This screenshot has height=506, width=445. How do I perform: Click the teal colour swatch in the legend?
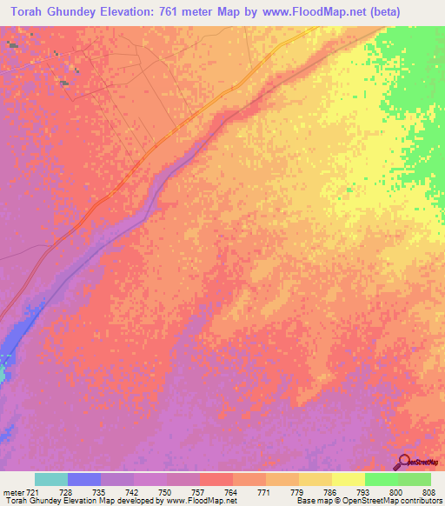(x=50, y=479)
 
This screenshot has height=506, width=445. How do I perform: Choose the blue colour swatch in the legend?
(x=83, y=479)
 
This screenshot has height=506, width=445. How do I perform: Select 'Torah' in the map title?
(x=29, y=12)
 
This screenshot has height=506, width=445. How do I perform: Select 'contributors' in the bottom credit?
(x=421, y=501)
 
